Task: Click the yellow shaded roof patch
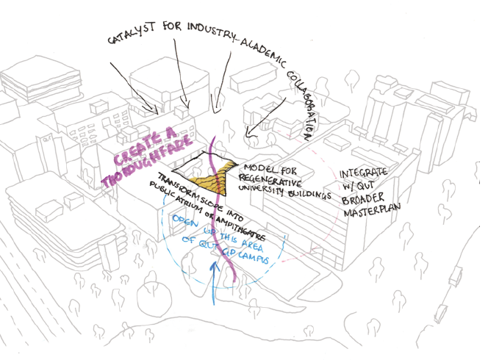click(x=209, y=175)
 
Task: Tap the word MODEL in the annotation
click(x=256, y=168)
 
